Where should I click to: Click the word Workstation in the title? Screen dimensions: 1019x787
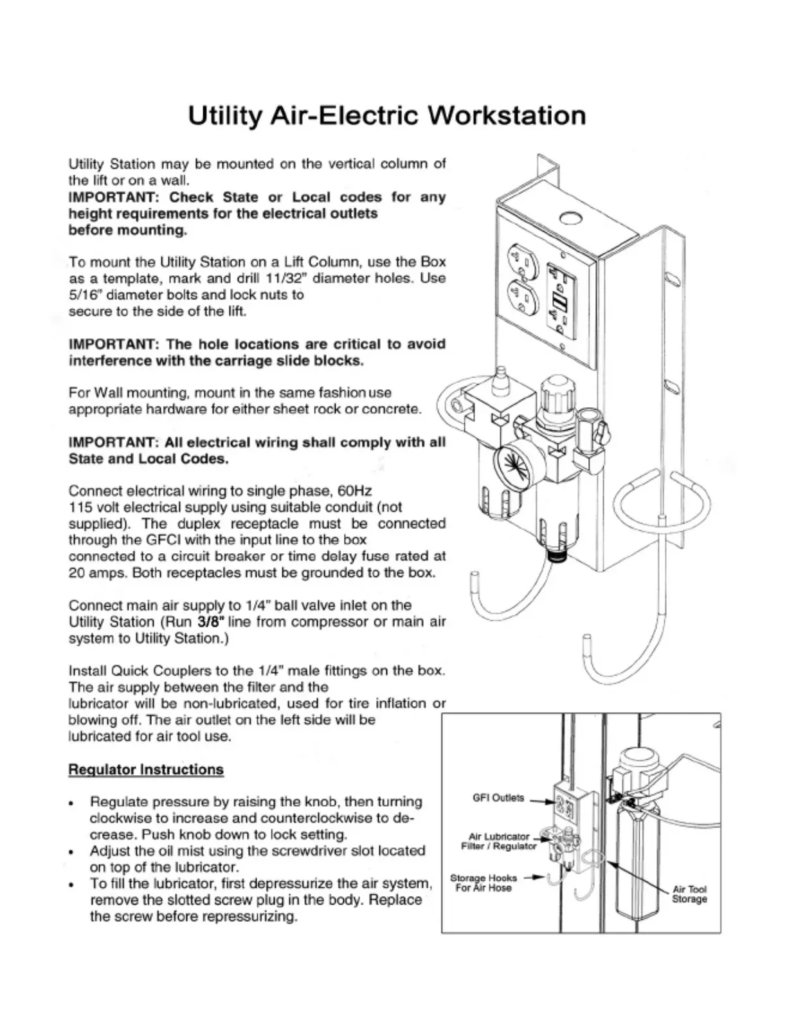tap(507, 116)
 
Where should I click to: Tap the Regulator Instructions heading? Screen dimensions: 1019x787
tap(146, 770)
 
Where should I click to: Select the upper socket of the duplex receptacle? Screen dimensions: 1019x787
tap(521, 261)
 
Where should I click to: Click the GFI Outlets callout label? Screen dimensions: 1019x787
tap(498, 798)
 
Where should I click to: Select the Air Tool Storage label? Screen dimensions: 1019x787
tap(689, 894)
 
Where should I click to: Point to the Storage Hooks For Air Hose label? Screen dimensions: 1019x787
tap(484, 883)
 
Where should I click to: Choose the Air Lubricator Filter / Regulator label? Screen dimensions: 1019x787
tap(499, 841)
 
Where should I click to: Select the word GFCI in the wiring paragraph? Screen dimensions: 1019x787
tap(166, 540)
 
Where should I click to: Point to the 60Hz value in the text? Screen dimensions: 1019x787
tap(355, 491)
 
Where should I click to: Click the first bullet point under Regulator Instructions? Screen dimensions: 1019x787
tap(76, 803)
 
